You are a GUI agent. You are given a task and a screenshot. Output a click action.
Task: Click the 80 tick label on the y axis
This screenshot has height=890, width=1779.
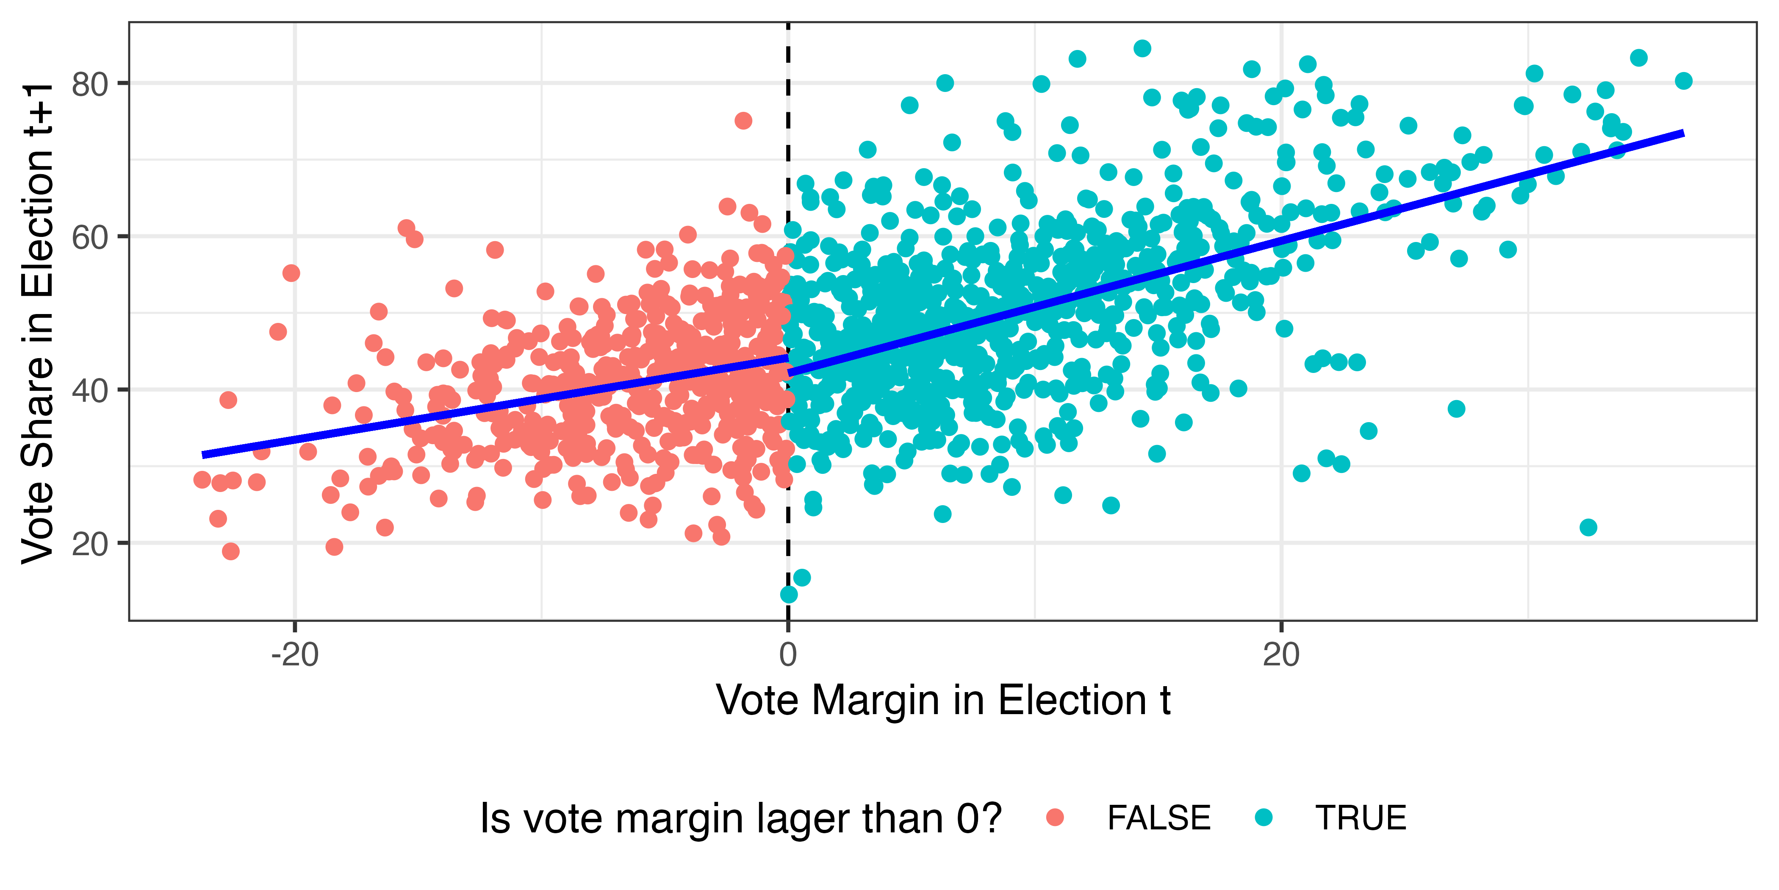click(x=90, y=84)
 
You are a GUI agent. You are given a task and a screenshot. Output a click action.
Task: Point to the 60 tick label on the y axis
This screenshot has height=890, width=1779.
click(x=90, y=238)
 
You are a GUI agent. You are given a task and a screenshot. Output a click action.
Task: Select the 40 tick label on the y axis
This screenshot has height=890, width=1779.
click(x=90, y=391)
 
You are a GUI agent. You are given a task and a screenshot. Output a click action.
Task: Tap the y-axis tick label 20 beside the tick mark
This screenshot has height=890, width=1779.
click(x=90, y=545)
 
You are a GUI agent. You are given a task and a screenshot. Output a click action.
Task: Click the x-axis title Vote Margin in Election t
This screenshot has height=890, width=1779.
click(x=943, y=700)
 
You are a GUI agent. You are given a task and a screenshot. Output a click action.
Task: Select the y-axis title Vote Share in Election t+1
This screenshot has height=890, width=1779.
click(x=38, y=323)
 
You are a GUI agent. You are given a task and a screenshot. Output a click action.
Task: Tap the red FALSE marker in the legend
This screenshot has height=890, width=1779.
click(x=1055, y=818)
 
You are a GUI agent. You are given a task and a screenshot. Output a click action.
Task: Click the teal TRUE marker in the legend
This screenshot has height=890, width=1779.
click(x=1263, y=818)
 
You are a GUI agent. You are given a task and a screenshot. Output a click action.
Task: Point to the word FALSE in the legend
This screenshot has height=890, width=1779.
click(x=1159, y=818)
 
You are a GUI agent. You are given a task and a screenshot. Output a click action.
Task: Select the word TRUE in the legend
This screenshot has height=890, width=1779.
click(x=1361, y=818)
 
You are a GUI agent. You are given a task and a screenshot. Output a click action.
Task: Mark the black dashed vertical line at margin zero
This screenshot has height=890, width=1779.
click(x=788, y=321)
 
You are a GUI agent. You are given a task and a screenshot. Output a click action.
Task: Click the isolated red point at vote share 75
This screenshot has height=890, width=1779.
click(x=743, y=121)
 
